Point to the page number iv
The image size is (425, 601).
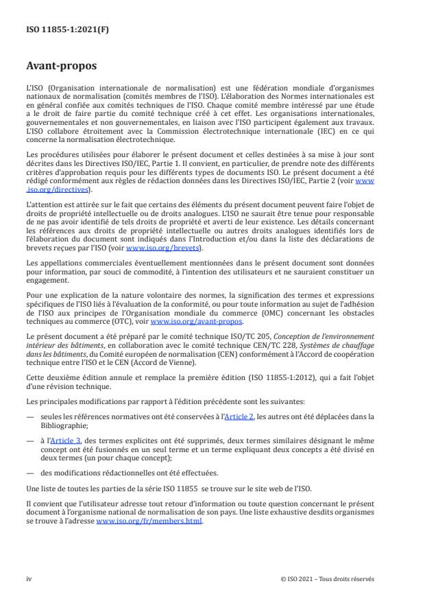point(29,578)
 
